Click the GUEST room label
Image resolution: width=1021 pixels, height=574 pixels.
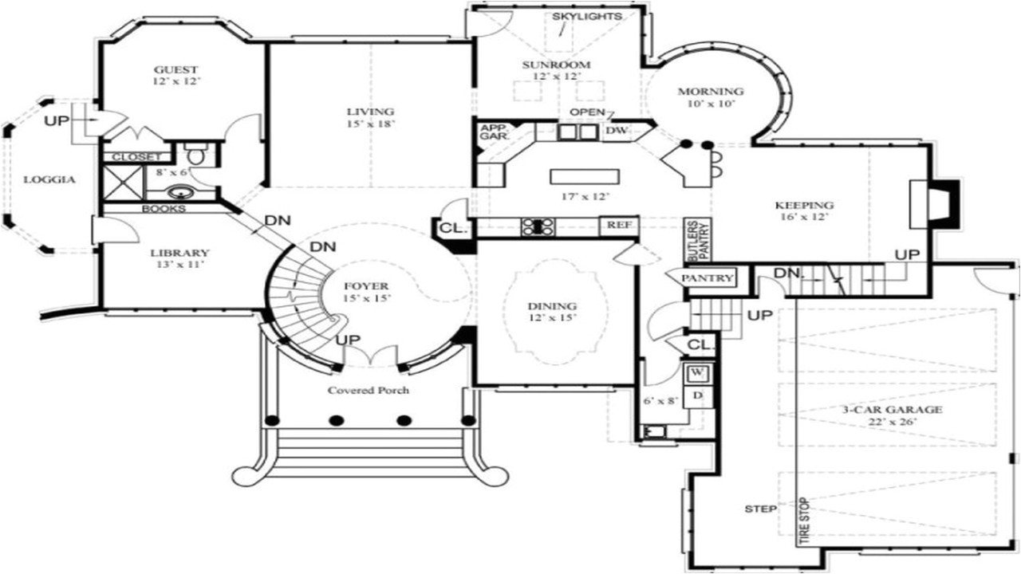176,69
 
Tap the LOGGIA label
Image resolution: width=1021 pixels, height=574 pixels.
49,179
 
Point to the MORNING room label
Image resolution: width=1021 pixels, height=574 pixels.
711,91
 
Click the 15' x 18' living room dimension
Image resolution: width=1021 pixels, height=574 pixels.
370,123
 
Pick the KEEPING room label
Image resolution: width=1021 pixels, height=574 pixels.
804,205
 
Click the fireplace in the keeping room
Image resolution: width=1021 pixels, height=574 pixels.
930,204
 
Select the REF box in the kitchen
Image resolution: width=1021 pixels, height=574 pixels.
619,226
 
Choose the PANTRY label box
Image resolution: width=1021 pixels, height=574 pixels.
707,278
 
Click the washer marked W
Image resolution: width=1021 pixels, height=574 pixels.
696,372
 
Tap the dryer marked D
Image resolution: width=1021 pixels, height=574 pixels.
696,395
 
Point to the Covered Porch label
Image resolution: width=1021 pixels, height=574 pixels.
369,391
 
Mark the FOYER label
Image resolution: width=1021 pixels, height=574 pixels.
366,285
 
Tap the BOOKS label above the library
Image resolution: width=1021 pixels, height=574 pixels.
164,209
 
